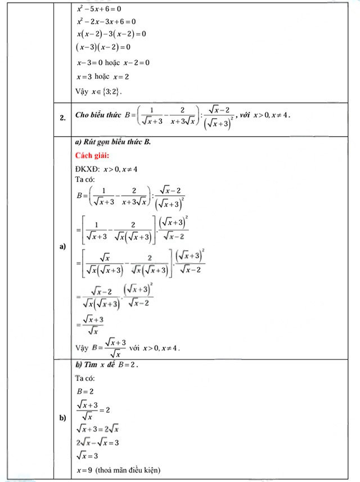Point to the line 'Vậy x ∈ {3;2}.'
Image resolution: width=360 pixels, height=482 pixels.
coord(98,91)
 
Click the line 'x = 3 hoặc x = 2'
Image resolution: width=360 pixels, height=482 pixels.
coord(103,76)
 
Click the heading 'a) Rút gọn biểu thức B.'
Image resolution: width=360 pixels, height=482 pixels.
coord(112,142)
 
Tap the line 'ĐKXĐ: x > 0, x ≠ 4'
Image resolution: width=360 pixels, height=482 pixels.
coord(106,169)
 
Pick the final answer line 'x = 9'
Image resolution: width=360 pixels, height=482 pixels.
coord(84,470)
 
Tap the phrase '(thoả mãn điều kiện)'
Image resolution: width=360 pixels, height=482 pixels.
coord(128,470)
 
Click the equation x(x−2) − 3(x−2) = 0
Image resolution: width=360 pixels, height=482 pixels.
coord(111,34)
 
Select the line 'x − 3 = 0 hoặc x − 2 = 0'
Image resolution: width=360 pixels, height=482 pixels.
coord(112,62)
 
